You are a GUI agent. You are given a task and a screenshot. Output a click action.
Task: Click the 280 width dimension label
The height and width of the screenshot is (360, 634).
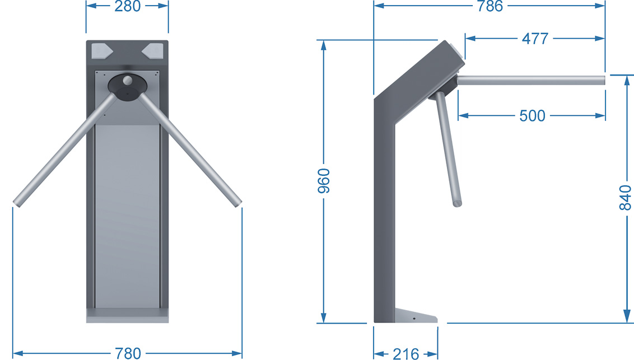click(x=127, y=6)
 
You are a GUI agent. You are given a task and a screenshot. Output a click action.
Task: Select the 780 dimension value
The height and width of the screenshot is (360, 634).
click(x=128, y=353)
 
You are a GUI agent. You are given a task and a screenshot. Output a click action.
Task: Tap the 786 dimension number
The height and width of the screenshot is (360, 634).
click(x=490, y=6)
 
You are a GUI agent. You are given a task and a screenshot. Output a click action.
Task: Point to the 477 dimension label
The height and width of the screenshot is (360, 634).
click(x=535, y=39)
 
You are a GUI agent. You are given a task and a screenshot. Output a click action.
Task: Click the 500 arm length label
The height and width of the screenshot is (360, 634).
click(x=532, y=115)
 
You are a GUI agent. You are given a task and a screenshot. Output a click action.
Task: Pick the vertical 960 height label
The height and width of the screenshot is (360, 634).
click(x=324, y=181)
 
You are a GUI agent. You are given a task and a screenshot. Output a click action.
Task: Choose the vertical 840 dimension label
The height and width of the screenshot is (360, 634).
click(x=625, y=198)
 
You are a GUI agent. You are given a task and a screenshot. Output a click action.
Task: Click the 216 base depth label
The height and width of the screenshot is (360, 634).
click(x=405, y=354)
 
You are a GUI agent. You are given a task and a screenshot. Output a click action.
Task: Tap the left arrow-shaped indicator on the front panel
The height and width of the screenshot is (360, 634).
click(x=102, y=52)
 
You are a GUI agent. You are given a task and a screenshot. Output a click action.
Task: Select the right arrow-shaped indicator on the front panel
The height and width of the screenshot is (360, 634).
click(x=152, y=52)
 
